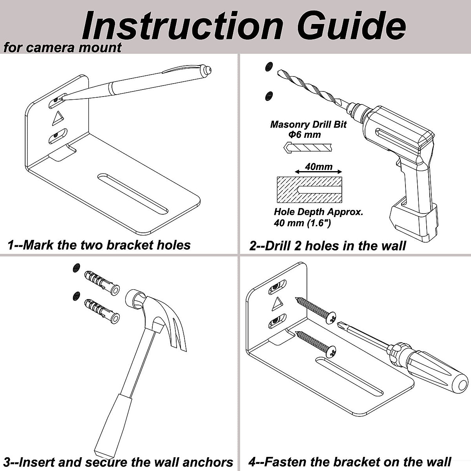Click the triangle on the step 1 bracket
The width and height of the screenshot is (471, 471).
click(58, 118)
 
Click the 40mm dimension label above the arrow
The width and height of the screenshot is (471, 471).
click(318, 166)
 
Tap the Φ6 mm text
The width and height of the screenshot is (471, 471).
click(305, 135)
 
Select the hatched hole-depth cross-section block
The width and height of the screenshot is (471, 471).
click(309, 190)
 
